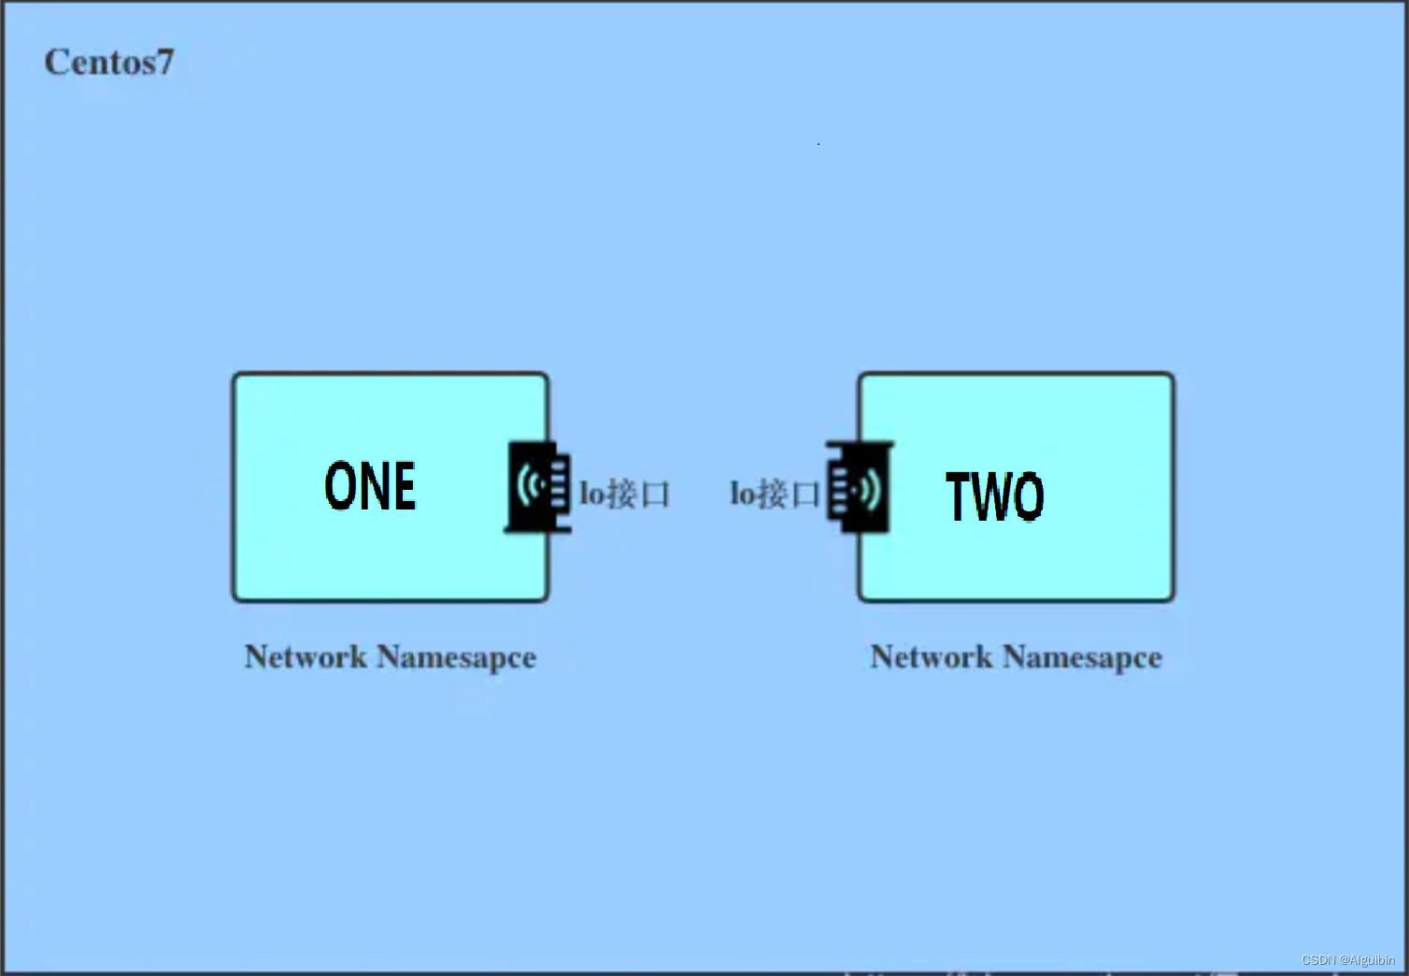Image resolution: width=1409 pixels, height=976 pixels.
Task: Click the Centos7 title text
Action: (109, 63)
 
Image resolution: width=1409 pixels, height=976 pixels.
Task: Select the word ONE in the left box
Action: (370, 486)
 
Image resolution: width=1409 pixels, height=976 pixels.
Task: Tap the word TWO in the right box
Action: (995, 495)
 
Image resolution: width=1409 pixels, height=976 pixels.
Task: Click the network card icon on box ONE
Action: (539, 487)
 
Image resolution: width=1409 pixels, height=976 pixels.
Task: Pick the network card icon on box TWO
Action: (859, 487)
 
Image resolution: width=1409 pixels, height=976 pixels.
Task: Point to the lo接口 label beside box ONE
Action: (624, 494)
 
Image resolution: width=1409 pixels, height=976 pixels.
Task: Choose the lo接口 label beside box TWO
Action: (774, 494)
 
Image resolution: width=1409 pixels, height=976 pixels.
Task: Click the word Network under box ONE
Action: (306, 656)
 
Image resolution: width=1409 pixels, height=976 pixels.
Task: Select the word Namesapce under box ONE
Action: (456, 657)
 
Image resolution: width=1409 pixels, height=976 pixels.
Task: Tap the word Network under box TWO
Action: (932, 656)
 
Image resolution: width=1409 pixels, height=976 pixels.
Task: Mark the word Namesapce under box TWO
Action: (1082, 657)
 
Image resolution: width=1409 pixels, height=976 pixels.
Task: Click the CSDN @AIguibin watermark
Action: (1347, 960)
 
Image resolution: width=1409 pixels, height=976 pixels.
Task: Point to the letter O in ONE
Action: (341, 486)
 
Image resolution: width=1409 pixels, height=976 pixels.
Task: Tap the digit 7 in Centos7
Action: (164, 63)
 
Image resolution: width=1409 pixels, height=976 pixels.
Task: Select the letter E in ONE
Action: (403, 486)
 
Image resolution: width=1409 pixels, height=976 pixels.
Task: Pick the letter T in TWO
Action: (960, 495)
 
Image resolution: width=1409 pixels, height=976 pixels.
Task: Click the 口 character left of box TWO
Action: (805, 495)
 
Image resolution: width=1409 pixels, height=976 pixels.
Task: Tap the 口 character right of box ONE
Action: (655, 495)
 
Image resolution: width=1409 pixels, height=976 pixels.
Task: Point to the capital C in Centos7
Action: (56, 63)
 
